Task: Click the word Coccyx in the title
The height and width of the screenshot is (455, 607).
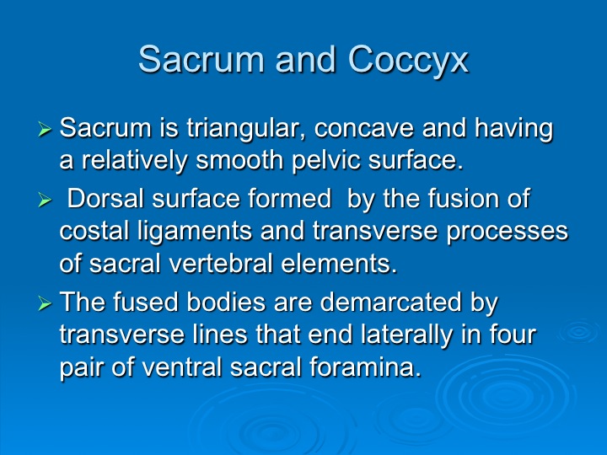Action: (408, 59)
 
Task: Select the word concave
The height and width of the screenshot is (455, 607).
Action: (363, 128)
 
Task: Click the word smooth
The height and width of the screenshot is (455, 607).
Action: (239, 160)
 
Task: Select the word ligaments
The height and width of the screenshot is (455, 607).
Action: (195, 232)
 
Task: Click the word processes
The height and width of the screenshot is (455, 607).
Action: (508, 233)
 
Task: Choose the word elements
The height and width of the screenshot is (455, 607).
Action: (339, 264)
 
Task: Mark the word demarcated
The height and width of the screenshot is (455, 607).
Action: (391, 302)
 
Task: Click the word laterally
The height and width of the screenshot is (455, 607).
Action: (406, 335)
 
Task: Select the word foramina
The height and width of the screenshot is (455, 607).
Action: (365, 367)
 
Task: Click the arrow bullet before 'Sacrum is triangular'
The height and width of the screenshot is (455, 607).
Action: (45, 129)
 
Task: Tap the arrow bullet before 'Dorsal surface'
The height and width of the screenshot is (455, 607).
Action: (45, 200)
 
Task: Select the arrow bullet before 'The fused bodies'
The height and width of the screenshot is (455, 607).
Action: (45, 303)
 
